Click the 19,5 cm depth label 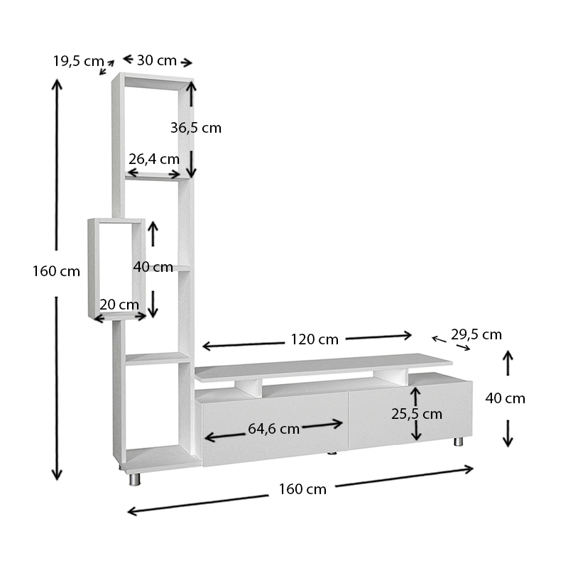(x=78, y=61)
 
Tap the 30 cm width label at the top (x=156, y=60)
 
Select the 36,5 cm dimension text (x=196, y=128)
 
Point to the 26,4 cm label (x=153, y=159)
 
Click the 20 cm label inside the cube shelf (x=119, y=305)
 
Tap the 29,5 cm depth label (x=476, y=334)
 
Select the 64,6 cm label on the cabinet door (x=273, y=429)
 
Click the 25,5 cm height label (x=417, y=413)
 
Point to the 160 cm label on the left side (x=56, y=271)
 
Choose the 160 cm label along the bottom (x=302, y=488)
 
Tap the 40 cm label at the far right (x=505, y=398)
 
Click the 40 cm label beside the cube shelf (x=153, y=267)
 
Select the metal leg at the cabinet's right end (x=458, y=442)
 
